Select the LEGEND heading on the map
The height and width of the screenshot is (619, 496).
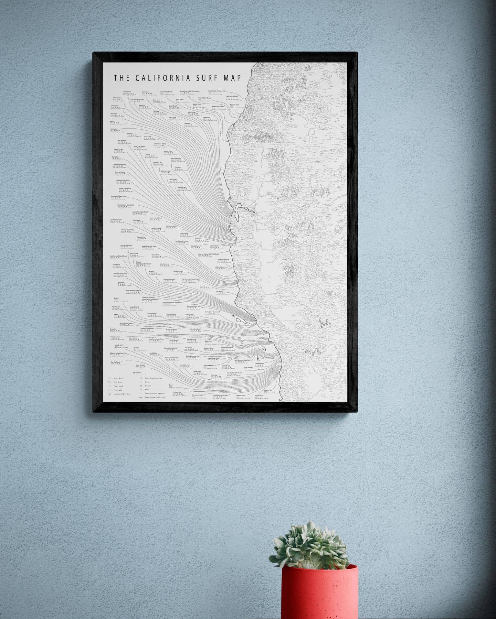point(137,373)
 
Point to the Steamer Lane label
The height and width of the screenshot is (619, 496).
point(158,163)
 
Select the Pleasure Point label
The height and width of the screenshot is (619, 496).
point(118,149)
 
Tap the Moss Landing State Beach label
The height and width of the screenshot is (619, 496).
point(126,205)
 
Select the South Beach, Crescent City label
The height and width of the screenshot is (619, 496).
point(217,91)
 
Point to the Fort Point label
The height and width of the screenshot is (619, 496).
point(206,117)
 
